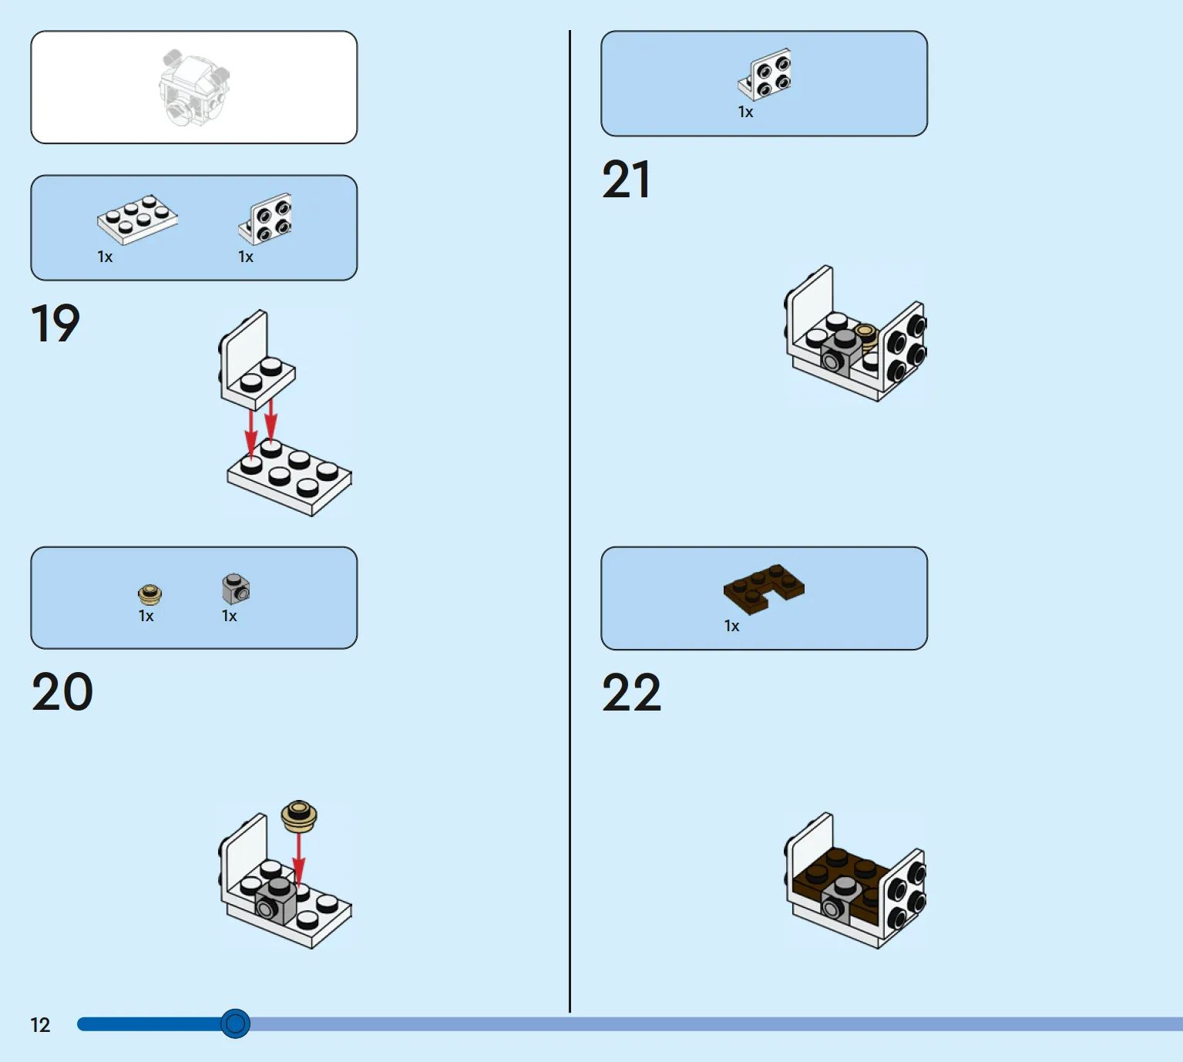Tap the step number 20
point(62,691)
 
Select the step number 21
point(626,180)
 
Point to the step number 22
point(631,692)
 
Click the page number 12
point(40,1025)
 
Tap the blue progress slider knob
point(235,1023)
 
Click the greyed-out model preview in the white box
point(194,88)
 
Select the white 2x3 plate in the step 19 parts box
point(138,220)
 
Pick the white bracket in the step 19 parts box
point(265,218)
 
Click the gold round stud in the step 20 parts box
point(150,594)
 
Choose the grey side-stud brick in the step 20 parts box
point(236,589)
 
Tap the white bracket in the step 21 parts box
point(765,73)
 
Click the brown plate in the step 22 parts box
point(763,589)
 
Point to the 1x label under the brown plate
point(731,626)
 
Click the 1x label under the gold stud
point(146,616)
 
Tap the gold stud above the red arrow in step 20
point(299,815)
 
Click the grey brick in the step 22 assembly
point(843,900)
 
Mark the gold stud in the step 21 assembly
point(866,336)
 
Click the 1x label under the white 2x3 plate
point(105,257)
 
